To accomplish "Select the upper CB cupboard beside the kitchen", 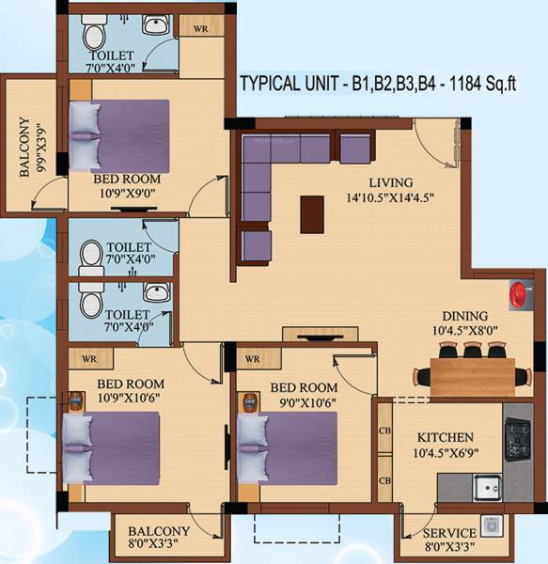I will (x=384, y=431).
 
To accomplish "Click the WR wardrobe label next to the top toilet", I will (x=200, y=29).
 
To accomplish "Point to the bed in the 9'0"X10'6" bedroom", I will (x=287, y=449).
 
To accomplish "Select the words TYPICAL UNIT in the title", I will (x=289, y=82).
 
